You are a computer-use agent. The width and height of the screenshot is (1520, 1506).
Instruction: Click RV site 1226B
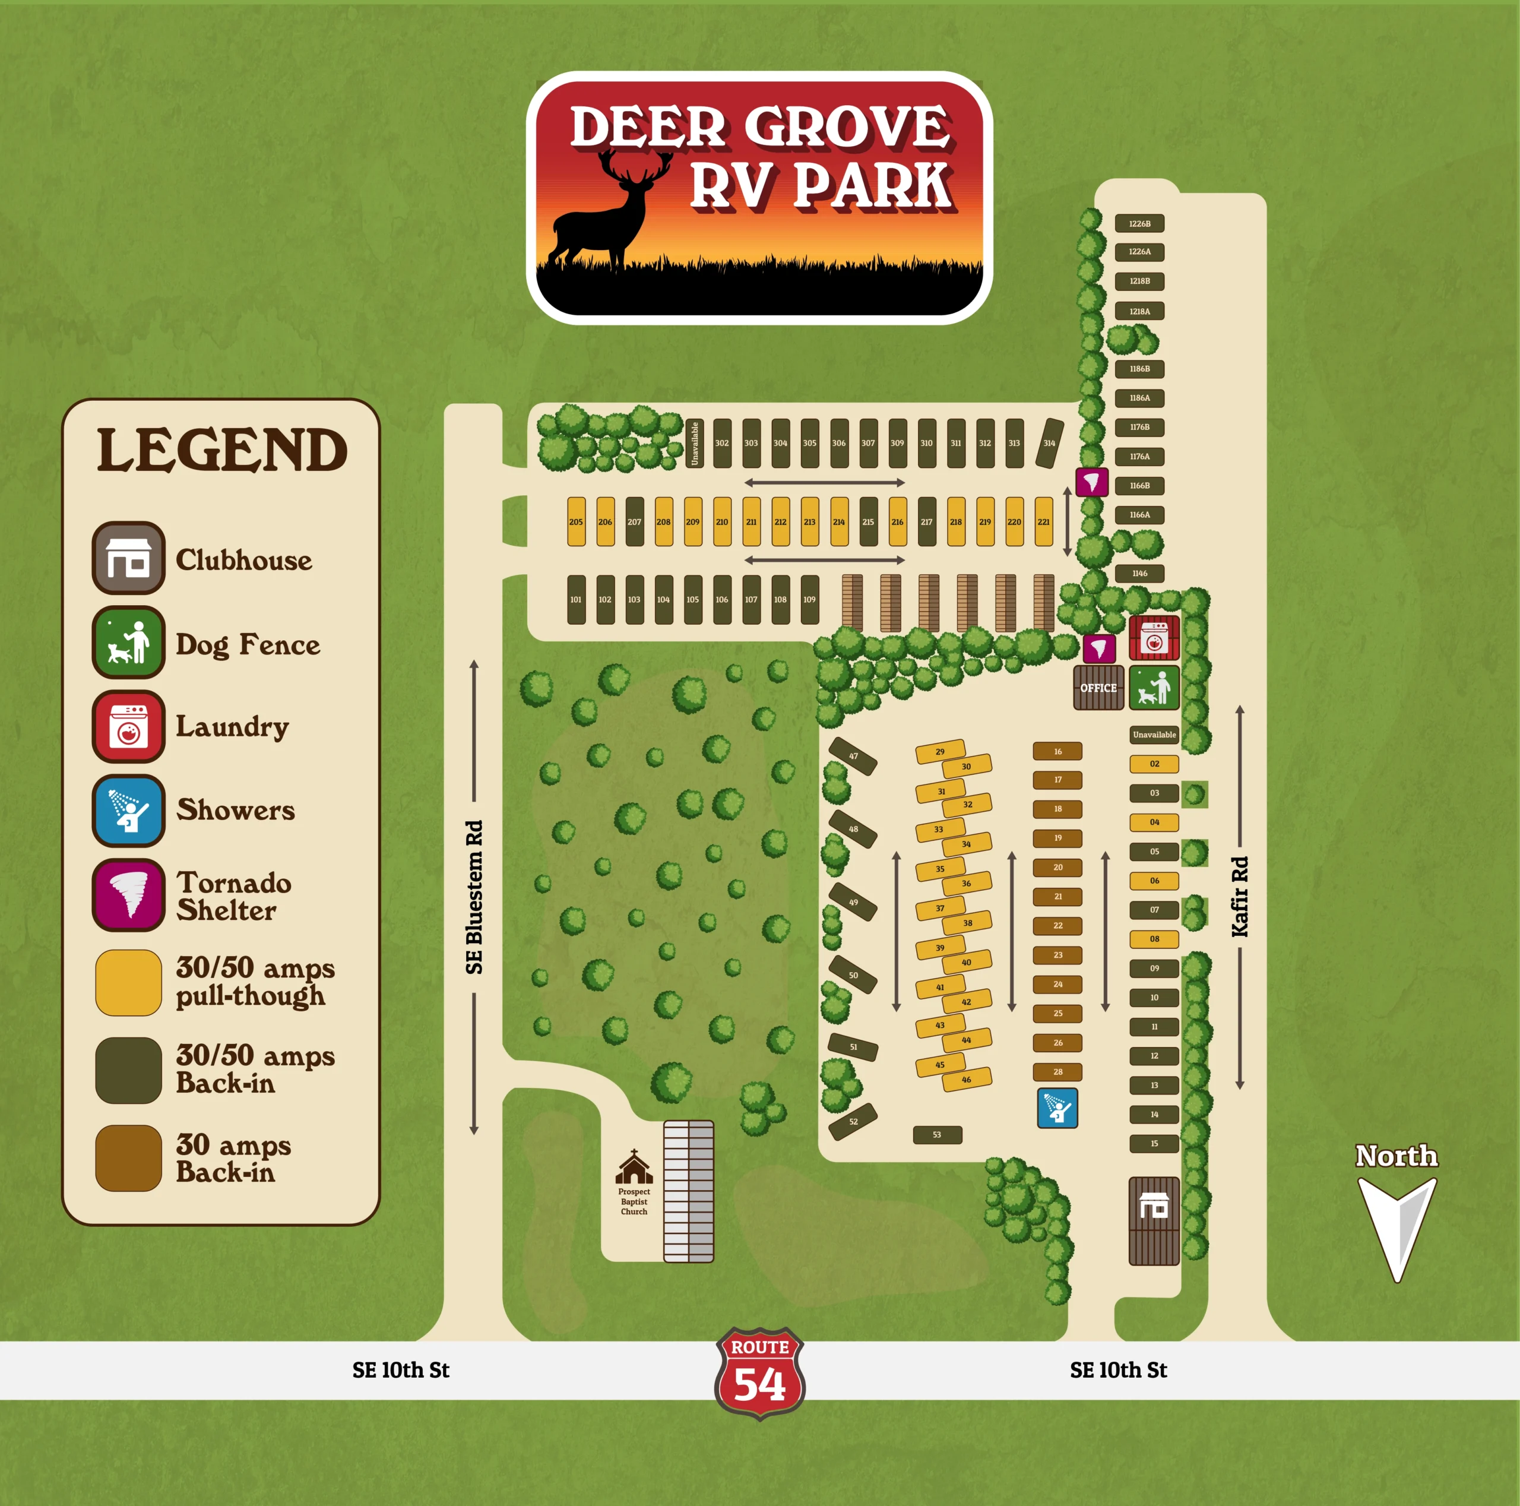pyautogui.click(x=1139, y=223)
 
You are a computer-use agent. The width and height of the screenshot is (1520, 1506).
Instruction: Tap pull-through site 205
pyautogui.click(x=576, y=521)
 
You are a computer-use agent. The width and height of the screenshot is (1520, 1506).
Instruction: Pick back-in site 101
pyautogui.click(x=576, y=600)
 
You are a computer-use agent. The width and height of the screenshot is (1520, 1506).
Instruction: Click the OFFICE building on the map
pyautogui.click(x=1098, y=688)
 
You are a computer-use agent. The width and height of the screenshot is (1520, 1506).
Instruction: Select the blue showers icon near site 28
pyautogui.click(x=1057, y=1108)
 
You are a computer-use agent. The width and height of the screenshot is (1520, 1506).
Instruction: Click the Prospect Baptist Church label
pyautogui.click(x=634, y=1201)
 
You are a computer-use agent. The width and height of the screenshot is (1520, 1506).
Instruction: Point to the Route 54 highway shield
pyautogui.click(x=759, y=1374)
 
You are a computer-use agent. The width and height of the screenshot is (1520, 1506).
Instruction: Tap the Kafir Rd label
pyautogui.click(x=1240, y=897)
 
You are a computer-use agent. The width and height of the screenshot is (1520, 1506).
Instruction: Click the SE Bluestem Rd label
pyautogui.click(x=474, y=897)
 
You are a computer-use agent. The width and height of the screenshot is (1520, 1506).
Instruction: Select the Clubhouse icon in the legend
pyautogui.click(x=129, y=558)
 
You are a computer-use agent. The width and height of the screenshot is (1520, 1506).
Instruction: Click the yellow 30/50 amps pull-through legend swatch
pyautogui.click(x=129, y=983)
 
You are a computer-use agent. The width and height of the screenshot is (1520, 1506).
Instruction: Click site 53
pyautogui.click(x=937, y=1135)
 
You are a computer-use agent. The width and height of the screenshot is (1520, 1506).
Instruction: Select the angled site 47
pyautogui.click(x=853, y=756)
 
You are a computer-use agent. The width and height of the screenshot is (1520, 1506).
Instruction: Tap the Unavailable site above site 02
pyautogui.click(x=1154, y=735)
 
